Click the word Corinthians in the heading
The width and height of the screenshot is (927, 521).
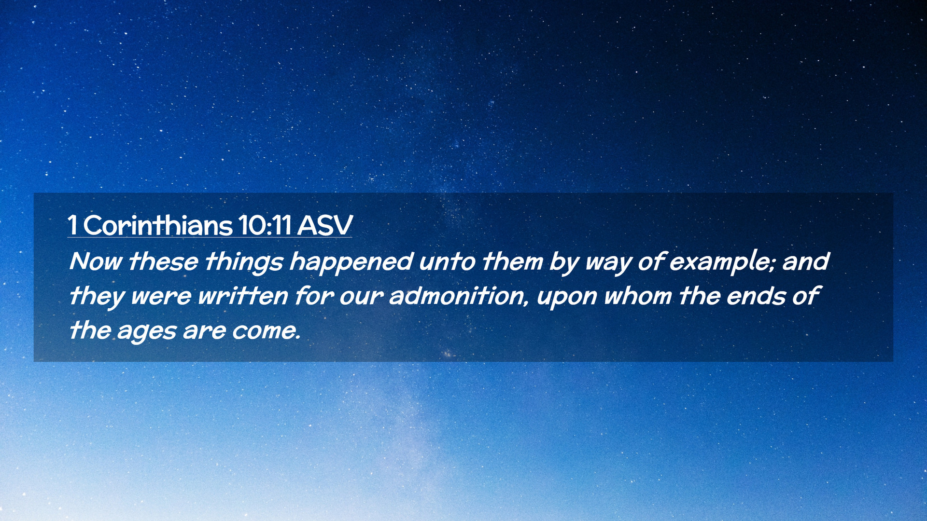(x=158, y=225)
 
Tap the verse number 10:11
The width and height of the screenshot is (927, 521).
(x=265, y=225)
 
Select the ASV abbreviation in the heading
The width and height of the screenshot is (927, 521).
(x=325, y=225)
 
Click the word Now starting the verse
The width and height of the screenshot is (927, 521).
(x=96, y=261)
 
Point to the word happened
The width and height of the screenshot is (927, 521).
(x=351, y=262)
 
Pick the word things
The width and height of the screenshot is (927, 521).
(x=244, y=262)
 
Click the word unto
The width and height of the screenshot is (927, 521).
(x=447, y=262)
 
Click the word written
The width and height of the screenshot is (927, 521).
(x=243, y=296)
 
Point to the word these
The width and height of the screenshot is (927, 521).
(x=164, y=261)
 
